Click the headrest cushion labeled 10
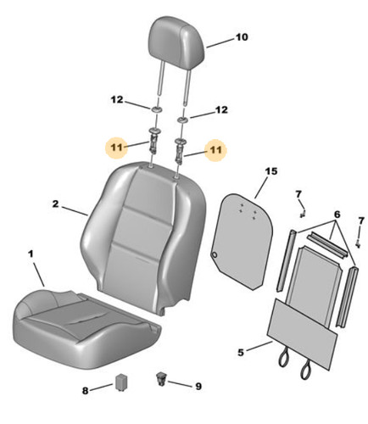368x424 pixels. pyautogui.click(x=176, y=41)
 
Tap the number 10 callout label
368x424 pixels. pyautogui.click(x=242, y=37)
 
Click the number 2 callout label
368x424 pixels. pyautogui.click(x=55, y=204)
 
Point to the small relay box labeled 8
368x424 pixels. pyautogui.click(x=121, y=382)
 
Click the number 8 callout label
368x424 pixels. pyautogui.click(x=85, y=391)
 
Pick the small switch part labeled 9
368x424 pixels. pyautogui.click(x=161, y=379)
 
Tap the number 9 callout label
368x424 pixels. pyautogui.click(x=198, y=386)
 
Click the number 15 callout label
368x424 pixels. pyautogui.click(x=271, y=171)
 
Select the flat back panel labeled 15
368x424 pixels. pyautogui.click(x=243, y=242)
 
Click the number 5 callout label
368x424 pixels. pyautogui.click(x=241, y=353)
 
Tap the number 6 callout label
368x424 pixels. pyautogui.click(x=337, y=215)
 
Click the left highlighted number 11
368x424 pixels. pyautogui.click(x=116, y=148)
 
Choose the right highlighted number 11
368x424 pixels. pyautogui.click(x=215, y=149)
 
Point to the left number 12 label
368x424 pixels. pyautogui.click(x=117, y=99)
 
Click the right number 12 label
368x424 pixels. pyautogui.click(x=221, y=109)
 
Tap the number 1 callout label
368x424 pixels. pyautogui.click(x=31, y=254)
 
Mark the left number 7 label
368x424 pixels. pyautogui.click(x=298, y=194)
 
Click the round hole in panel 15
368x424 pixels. pyautogui.click(x=215, y=255)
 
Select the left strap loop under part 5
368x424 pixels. pyautogui.click(x=283, y=358)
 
